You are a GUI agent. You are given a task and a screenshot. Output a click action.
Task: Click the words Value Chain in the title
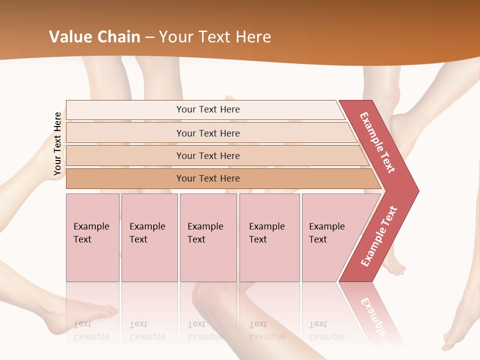[94, 37]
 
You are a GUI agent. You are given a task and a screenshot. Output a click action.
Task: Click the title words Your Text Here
[215, 37]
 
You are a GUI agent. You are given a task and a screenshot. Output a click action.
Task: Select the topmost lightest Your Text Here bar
[208, 109]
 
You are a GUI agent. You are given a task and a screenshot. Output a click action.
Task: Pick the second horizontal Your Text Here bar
[208, 133]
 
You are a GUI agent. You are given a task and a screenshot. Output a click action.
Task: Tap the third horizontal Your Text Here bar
[208, 155]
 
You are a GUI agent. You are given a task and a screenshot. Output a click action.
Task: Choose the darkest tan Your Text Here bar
[208, 178]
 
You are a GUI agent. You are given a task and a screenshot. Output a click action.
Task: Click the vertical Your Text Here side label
[57, 143]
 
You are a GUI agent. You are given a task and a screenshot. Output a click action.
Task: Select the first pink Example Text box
[92, 237]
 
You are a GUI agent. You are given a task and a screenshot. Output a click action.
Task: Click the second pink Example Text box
[149, 237]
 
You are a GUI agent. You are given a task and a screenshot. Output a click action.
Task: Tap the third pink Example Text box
[208, 237]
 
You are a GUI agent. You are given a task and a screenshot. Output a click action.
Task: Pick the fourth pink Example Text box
[269, 237]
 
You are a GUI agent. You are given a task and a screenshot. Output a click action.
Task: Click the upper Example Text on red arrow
[377, 142]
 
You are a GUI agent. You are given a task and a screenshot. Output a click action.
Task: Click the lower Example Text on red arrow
[379, 236]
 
